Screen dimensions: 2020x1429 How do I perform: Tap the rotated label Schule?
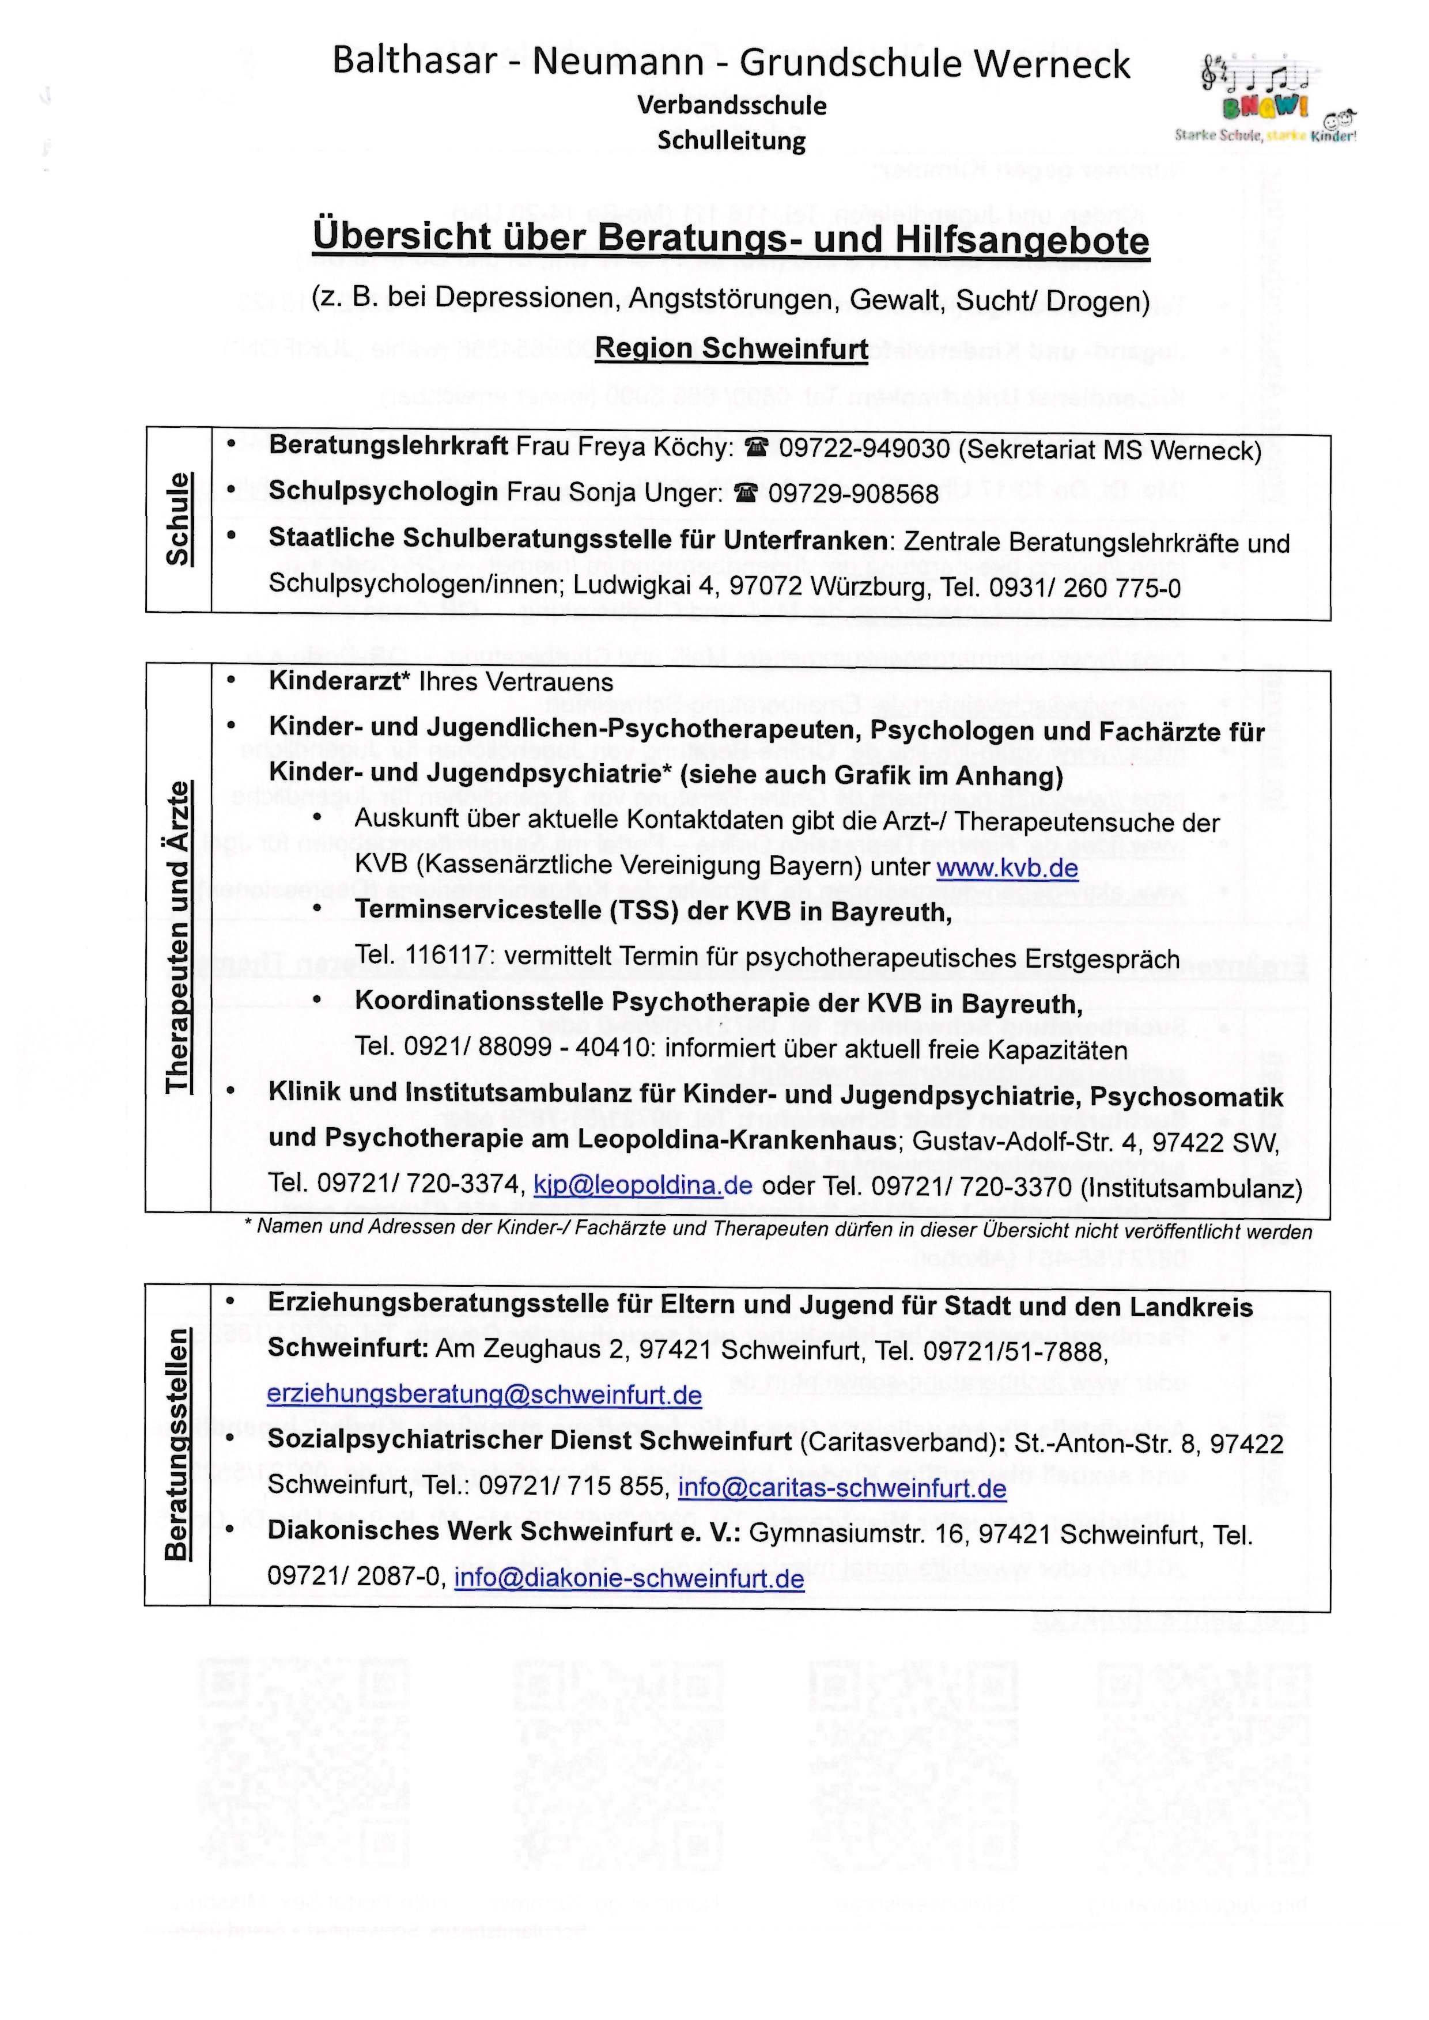click(x=179, y=518)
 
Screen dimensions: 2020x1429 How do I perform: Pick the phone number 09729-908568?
click(x=853, y=494)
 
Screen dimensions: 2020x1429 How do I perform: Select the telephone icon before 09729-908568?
click(x=745, y=494)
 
